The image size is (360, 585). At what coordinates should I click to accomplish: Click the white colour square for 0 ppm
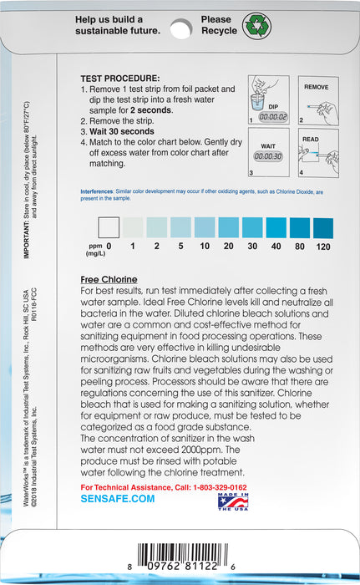tap(109, 226)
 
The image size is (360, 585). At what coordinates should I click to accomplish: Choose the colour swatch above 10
tap(204, 226)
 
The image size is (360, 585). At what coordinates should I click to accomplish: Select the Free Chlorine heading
tap(109, 278)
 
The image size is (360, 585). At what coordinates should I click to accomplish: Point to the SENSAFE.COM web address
tap(118, 498)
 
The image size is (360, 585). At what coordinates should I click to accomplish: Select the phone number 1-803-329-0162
tap(215, 486)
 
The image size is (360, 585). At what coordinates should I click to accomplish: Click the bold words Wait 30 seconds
tap(122, 131)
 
